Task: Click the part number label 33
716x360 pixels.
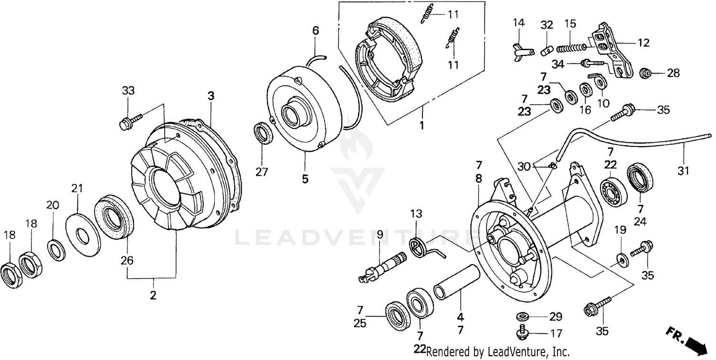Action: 128,91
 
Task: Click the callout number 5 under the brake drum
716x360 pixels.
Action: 305,179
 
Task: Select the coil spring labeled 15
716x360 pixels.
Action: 571,47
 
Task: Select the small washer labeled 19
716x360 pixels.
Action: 621,259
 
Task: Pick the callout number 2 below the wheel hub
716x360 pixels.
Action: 153,295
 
